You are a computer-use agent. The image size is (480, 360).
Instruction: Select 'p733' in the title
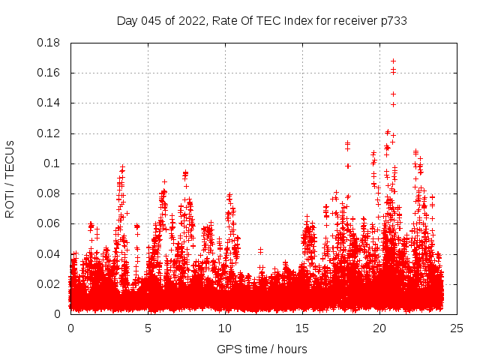(x=393, y=21)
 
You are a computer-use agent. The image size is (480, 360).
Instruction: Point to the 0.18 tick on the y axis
(x=49, y=43)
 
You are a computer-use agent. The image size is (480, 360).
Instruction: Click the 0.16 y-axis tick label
(x=49, y=73)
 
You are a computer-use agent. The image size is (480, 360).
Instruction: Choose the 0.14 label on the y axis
(x=49, y=103)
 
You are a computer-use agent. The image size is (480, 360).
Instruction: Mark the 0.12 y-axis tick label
(x=49, y=133)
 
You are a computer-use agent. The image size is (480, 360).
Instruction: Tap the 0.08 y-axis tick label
(x=49, y=193)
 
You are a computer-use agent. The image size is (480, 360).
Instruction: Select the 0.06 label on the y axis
(x=49, y=223)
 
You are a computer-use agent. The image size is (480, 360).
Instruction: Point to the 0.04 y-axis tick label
(x=49, y=253)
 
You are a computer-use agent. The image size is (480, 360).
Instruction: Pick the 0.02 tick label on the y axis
(x=49, y=283)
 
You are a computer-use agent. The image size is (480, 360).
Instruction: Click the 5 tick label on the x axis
(x=148, y=328)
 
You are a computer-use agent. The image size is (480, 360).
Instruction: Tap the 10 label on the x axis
(x=225, y=328)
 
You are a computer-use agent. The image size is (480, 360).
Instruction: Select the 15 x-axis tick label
(x=302, y=328)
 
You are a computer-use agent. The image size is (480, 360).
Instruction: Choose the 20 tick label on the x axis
(x=379, y=328)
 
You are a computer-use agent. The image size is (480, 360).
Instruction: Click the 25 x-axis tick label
(x=457, y=328)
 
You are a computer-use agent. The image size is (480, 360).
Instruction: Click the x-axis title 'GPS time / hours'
(x=262, y=349)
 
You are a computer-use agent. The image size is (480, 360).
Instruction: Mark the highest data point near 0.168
(x=393, y=61)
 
